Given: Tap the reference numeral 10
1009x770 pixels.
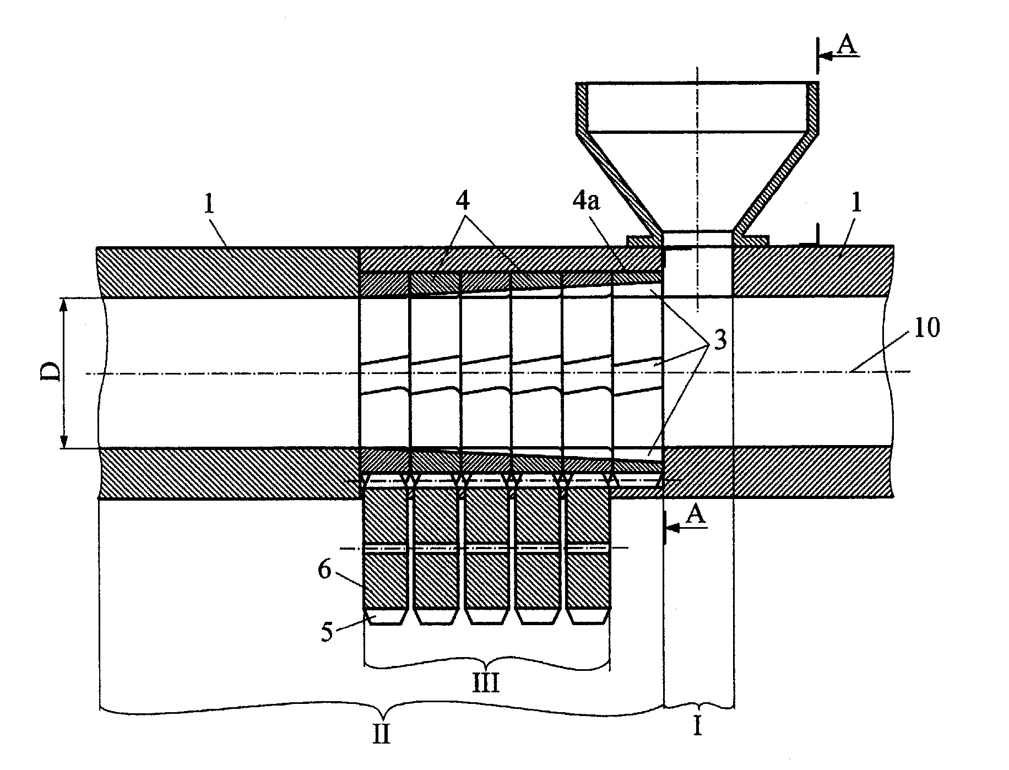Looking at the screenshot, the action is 927,329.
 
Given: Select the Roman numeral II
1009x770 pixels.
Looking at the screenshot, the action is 382,734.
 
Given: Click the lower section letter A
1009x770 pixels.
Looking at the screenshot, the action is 697,516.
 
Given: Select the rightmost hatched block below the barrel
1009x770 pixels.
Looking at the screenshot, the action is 588,547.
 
